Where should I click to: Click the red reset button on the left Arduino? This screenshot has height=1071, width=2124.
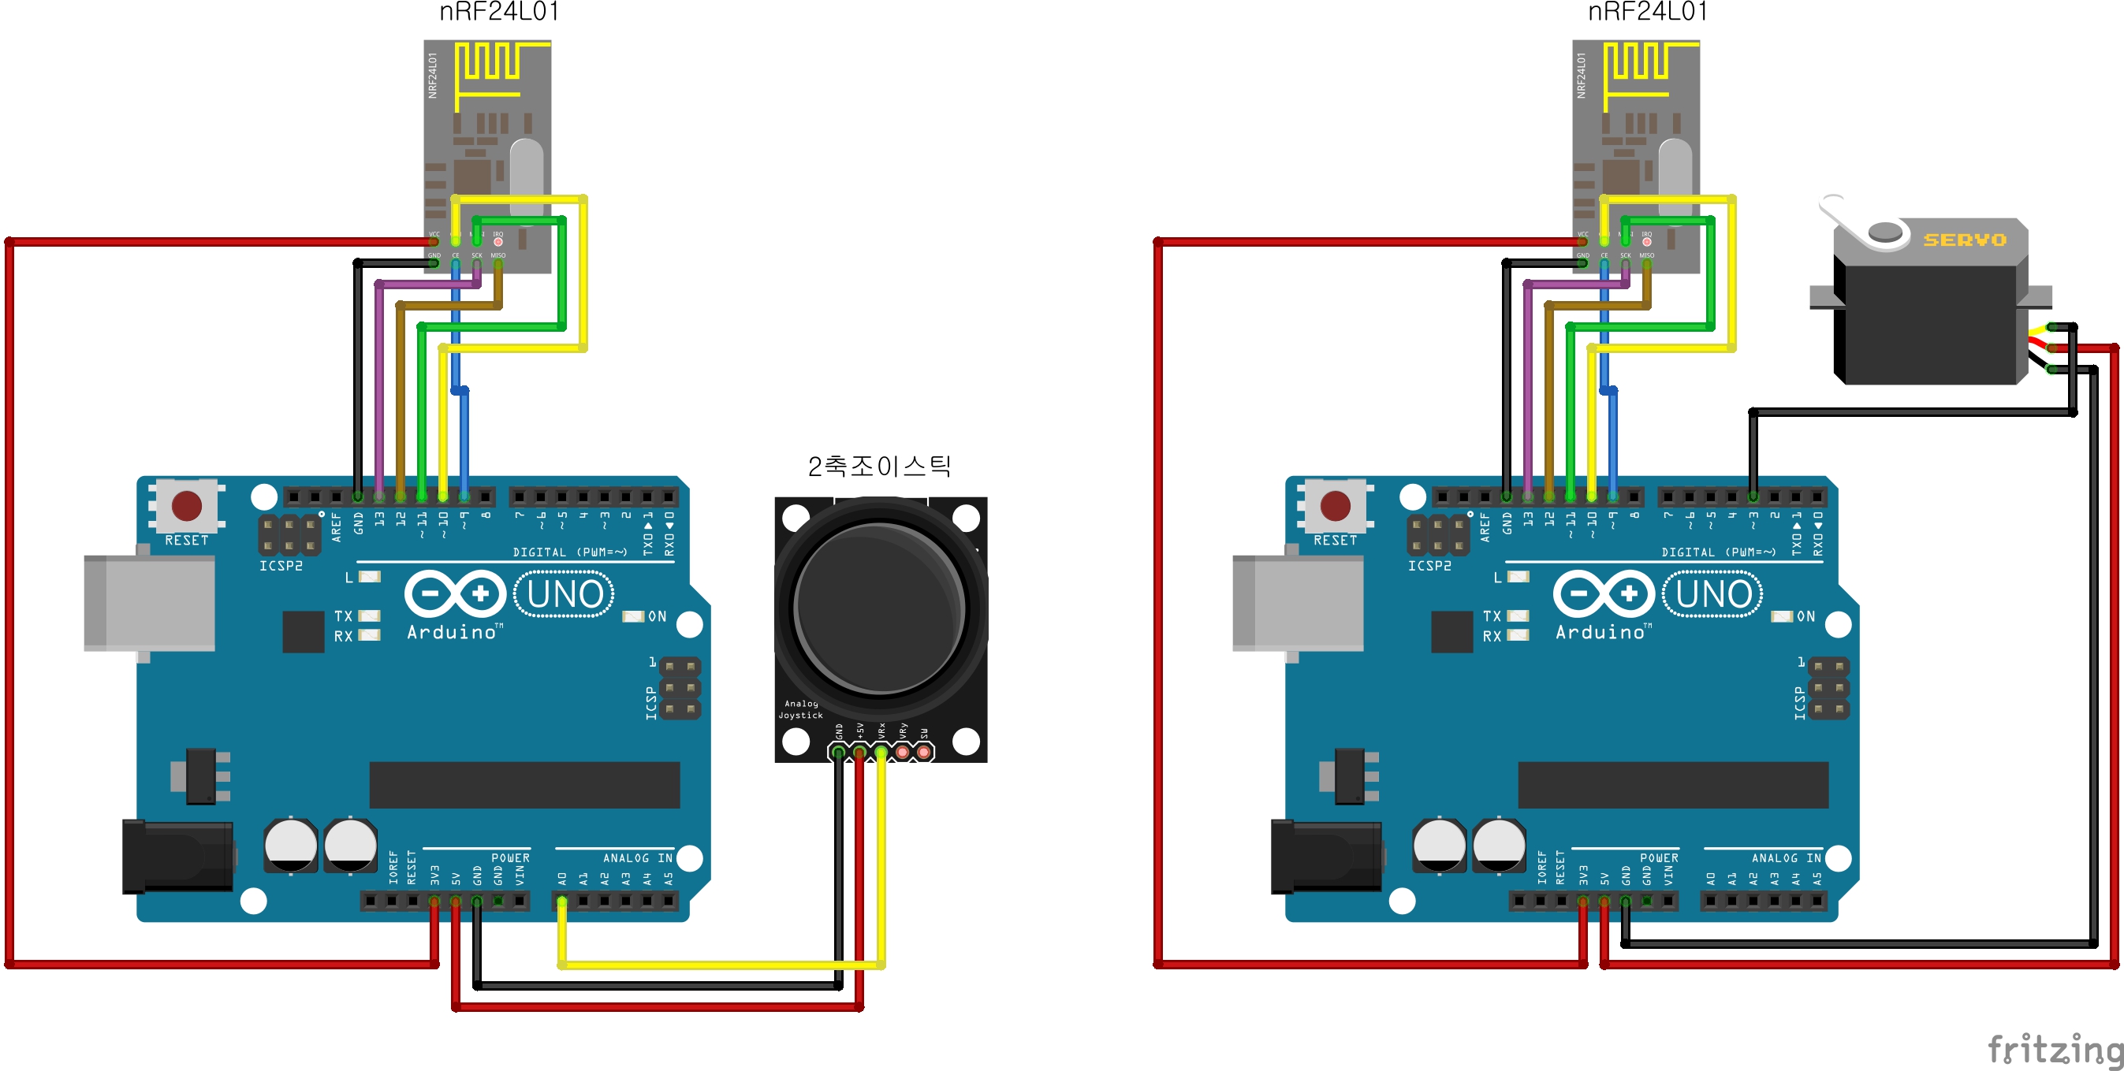[x=186, y=505]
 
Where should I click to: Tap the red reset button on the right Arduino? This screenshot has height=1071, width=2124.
[x=1335, y=505]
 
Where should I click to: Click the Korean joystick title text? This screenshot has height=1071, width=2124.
[x=879, y=467]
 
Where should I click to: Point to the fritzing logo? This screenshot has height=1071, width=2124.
[x=2054, y=1050]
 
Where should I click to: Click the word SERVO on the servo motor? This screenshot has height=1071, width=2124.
[x=1964, y=240]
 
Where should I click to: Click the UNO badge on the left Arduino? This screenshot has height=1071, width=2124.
[x=564, y=594]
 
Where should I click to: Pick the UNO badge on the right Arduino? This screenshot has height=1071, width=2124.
[x=1712, y=594]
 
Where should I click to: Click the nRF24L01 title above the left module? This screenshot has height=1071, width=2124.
[x=499, y=13]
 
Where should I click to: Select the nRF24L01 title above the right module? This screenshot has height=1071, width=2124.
[x=1648, y=13]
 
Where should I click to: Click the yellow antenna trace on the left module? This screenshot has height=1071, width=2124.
[x=489, y=66]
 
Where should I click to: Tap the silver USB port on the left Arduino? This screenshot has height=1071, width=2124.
[x=149, y=603]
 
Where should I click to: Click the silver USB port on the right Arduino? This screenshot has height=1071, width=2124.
[x=1298, y=603]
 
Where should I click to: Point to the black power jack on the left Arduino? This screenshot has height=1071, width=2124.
[x=177, y=857]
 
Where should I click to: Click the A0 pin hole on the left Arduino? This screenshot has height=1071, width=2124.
[x=562, y=901]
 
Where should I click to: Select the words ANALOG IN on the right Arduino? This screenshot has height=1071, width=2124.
[x=1786, y=858]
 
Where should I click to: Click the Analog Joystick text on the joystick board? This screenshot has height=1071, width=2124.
[x=799, y=709]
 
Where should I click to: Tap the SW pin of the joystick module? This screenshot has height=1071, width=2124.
[x=923, y=752]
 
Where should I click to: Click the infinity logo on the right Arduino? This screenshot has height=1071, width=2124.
[x=1603, y=593]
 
